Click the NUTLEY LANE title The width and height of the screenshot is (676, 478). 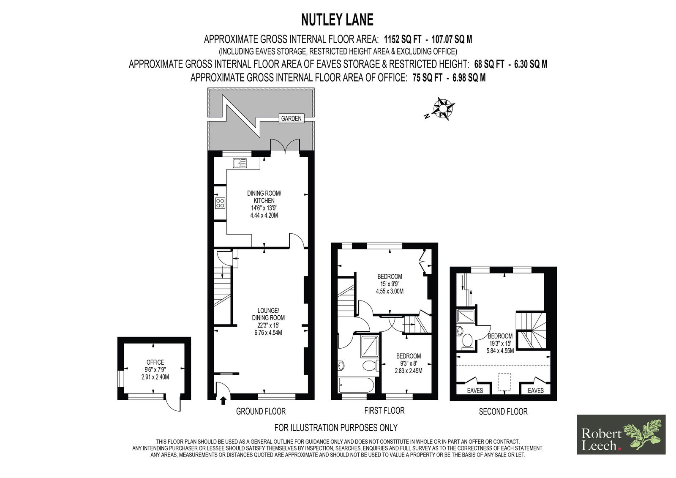coord(338,20)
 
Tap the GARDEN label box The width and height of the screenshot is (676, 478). coord(291,118)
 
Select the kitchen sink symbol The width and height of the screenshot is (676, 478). coord(240,163)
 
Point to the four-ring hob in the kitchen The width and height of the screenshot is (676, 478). coord(220,203)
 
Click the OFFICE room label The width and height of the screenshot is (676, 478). coord(155,362)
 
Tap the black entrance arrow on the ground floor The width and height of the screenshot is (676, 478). coord(223,401)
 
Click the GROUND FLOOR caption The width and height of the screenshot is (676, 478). coord(261,411)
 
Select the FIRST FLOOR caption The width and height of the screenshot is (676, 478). coord(384,411)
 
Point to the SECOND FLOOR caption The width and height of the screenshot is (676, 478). coord(503,412)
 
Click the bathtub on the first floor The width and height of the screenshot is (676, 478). coord(357,385)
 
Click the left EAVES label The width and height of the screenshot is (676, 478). coord(475,391)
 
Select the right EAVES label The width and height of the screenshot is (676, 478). coord(536,391)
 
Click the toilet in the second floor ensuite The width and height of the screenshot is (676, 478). coord(467,341)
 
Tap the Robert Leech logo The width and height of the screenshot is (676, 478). coord(621,434)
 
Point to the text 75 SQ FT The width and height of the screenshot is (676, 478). coord(427,78)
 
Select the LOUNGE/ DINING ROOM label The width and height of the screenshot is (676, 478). coord(268,314)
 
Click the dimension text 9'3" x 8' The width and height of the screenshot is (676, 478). coord(408,363)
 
